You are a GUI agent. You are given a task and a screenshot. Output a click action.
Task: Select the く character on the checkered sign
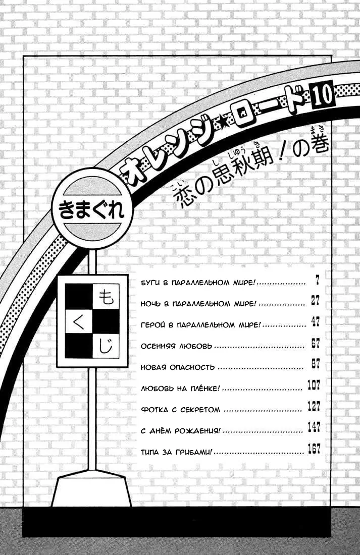click(x=79, y=321)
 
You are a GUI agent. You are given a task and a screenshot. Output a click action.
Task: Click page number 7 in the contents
click(x=317, y=281)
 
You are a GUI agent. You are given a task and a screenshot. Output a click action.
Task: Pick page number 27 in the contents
click(x=315, y=301)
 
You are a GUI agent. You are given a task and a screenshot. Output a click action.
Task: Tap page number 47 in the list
click(x=315, y=322)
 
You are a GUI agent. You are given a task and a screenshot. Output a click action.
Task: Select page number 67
click(x=315, y=343)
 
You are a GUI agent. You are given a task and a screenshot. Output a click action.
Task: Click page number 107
click(x=314, y=385)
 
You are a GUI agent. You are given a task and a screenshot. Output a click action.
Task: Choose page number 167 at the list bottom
click(x=314, y=449)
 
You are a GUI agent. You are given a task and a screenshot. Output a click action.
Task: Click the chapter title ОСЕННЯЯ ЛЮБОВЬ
click(x=176, y=346)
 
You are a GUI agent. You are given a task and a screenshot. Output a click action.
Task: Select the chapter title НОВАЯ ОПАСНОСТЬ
click(x=178, y=367)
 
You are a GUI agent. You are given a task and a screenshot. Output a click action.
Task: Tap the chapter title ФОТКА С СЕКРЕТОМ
click(x=180, y=410)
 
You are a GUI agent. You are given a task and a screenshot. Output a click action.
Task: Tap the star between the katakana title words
click(x=222, y=128)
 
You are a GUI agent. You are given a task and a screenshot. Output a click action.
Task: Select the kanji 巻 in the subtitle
click(x=315, y=144)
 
